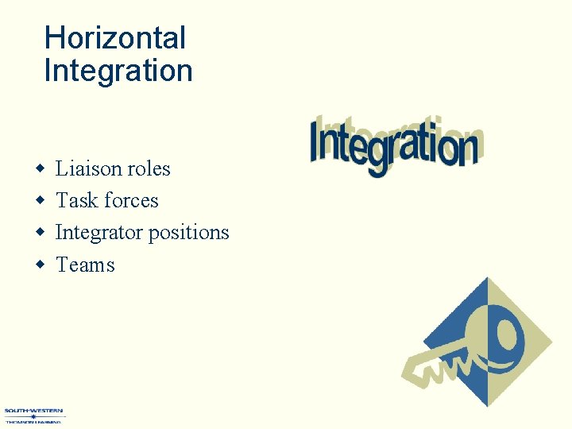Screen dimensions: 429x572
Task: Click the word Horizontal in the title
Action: tap(114, 38)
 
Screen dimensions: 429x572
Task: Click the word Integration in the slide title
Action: tap(118, 71)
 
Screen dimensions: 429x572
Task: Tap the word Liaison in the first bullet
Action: tap(83, 168)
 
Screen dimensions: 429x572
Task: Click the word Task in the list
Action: tap(74, 200)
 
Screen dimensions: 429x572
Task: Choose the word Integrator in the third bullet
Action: tap(99, 233)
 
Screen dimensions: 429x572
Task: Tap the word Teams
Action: tap(85, 265)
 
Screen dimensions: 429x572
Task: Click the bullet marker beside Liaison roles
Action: tap(40, 169)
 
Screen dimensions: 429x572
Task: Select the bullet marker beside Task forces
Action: tap(40, 201)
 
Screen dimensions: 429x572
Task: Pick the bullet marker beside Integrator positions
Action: tap(40, 233)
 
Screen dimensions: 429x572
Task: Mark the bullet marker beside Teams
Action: tap(40, 265)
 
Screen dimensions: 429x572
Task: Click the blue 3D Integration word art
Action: tap(395, 145)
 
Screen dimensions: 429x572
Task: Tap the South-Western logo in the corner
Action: tap(33, 416)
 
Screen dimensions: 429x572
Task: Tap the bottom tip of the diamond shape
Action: tap(486, 406)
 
